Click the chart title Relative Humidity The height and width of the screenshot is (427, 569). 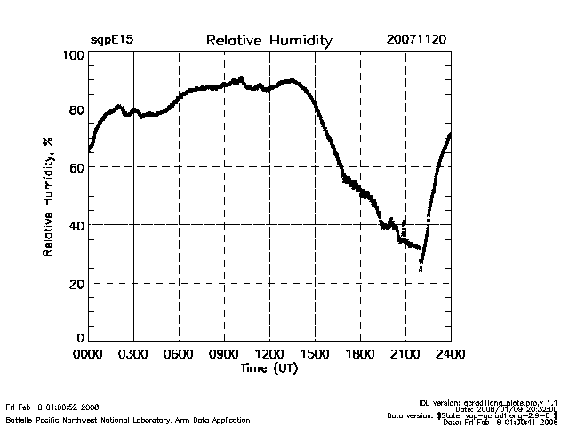268,41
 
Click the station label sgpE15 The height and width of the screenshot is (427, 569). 111,41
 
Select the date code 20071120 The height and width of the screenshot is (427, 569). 417,41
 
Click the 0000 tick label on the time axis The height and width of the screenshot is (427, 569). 88,355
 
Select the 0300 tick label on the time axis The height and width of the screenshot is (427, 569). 133,355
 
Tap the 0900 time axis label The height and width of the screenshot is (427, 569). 224,355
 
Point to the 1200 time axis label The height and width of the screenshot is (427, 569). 269,355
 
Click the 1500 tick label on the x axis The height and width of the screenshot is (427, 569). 315,355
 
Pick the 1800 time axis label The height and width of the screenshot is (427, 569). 360,355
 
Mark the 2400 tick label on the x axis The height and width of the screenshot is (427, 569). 451,355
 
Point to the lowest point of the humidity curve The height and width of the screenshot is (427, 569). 421,269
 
